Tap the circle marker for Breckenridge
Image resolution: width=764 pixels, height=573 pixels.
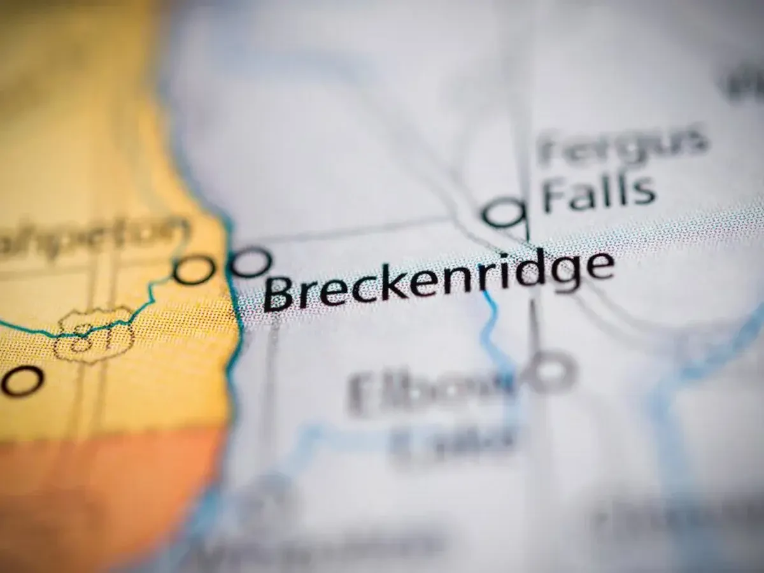click(x=250, y=262)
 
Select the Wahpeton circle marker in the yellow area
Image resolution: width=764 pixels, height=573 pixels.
click(x=193, y=270)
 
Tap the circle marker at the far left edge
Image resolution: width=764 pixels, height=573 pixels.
click(x=22, y=380)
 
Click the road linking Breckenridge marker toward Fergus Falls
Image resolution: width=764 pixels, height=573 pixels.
click(x=357, y=232)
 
